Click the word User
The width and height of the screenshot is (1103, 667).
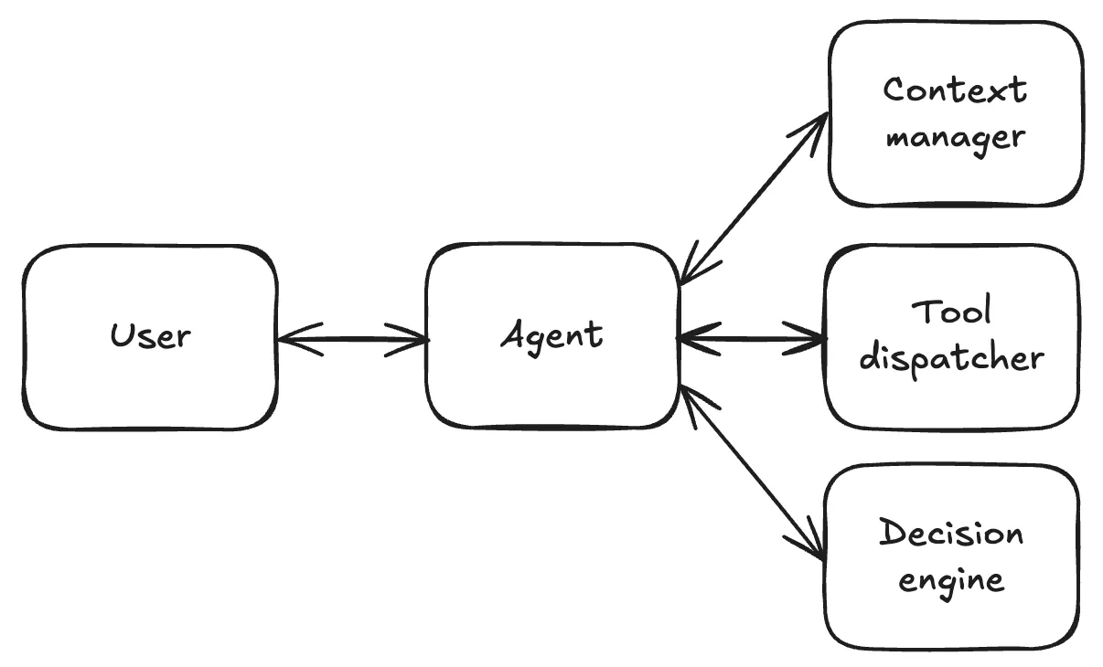coord(151,336)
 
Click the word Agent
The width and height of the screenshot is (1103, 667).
coord(552,335)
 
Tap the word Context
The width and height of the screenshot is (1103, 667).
coord(956,90)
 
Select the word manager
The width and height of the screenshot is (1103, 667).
coord(956,138)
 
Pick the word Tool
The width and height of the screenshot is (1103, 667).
coord(952,312)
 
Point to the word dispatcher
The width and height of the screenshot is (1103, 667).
coord(952,358)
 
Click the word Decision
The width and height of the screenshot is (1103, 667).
coord(951,533)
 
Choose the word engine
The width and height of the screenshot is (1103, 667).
coord(951,580)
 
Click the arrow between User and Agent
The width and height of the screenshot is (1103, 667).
coord(352,340)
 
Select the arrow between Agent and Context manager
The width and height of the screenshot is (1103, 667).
coord(754,197)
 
